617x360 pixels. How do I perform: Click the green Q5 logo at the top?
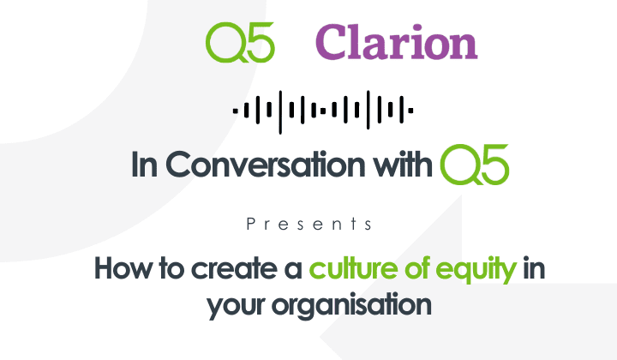point(240,43)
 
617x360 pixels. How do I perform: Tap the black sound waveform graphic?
point(324,110)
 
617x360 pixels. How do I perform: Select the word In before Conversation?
point(143,165)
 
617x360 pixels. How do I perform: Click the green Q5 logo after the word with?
point(474,165)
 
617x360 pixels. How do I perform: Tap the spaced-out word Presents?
point(308,225)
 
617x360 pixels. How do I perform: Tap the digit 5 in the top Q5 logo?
point(260,43)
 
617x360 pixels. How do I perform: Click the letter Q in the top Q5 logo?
point(225,43)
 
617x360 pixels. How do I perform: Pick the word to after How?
point(160,268)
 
